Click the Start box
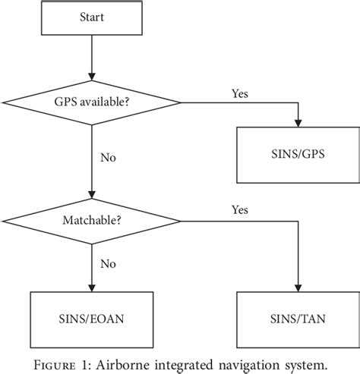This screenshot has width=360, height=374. tap(92, 19)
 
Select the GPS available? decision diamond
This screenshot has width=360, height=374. tap(92, 102)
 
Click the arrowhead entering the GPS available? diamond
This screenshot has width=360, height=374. tap(92, 76)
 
